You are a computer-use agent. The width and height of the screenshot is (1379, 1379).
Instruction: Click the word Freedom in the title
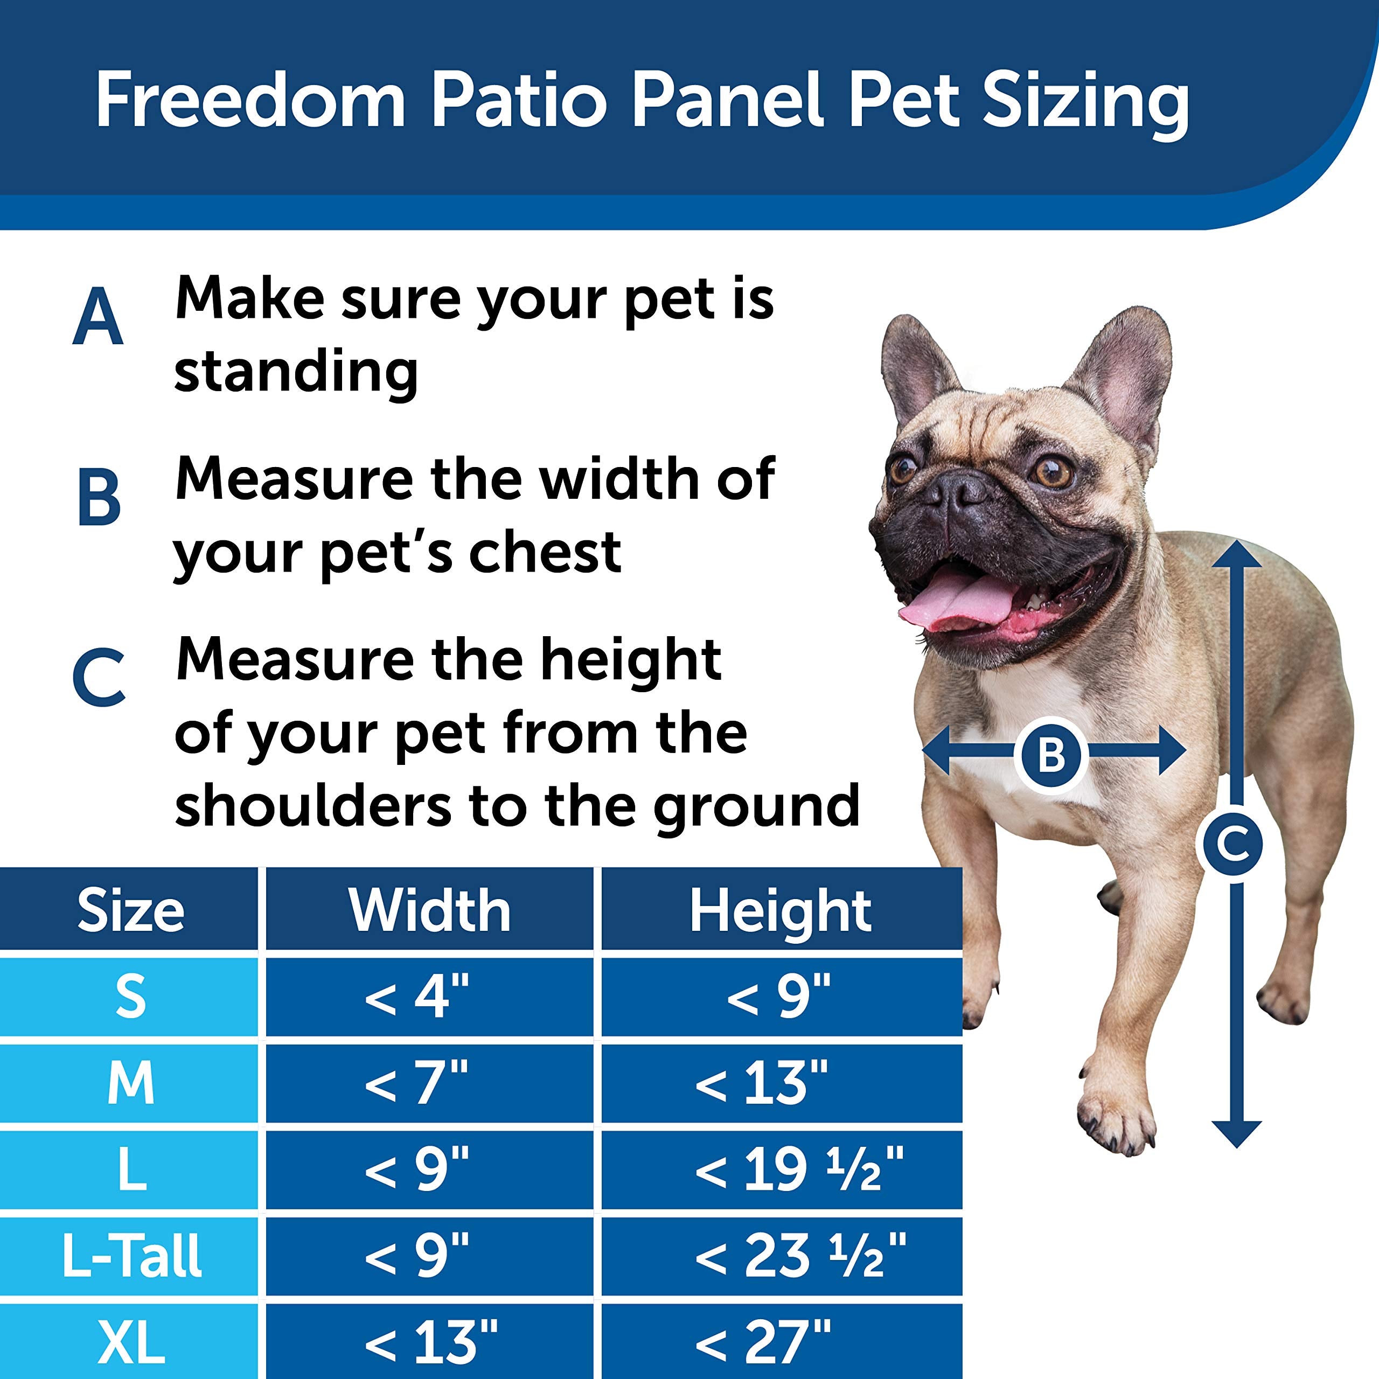(x=250, y=101)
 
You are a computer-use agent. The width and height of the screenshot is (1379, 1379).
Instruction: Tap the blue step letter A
(x=98, y=317)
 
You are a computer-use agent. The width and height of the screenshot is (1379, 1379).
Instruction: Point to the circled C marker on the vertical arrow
(x=1236, y=845)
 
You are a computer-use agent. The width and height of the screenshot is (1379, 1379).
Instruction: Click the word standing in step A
(x=296, y=371)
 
